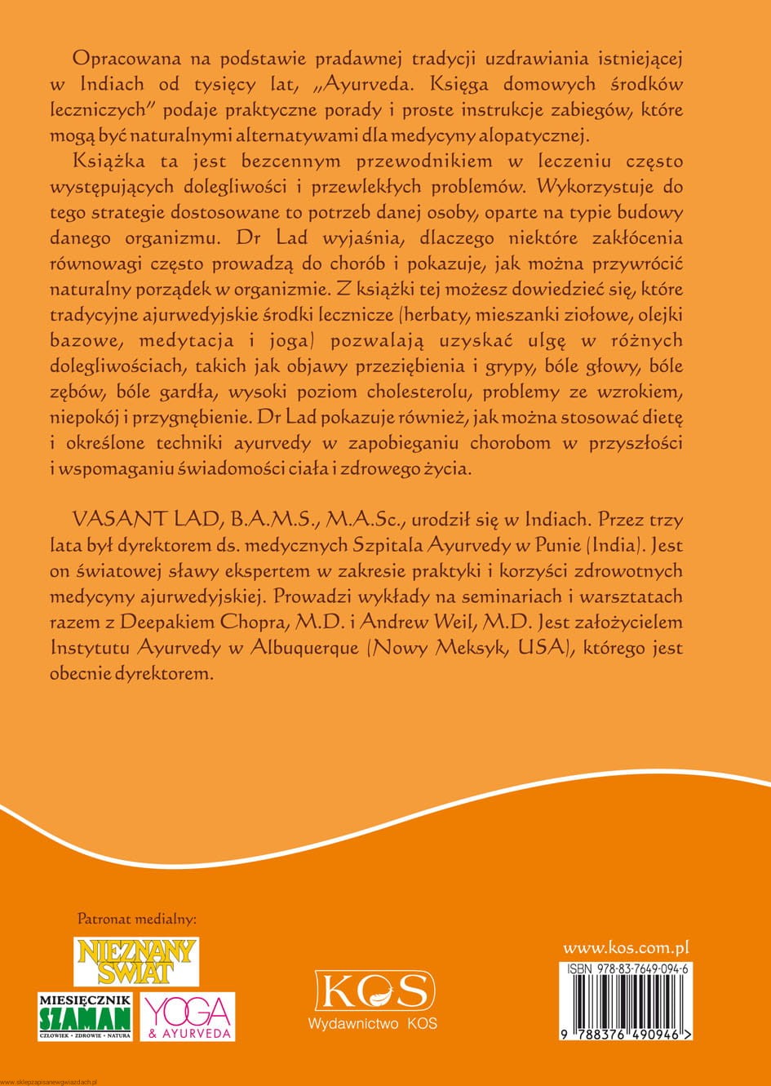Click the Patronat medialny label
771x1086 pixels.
pyautogui.click(x=136, y=920)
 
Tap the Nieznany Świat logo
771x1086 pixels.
pyautogui.click(x=137, y=962)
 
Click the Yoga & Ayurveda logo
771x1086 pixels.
pyautogui.click(x=188, y=1016)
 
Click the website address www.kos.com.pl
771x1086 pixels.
pyautogui.click(x=627, y=948)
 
